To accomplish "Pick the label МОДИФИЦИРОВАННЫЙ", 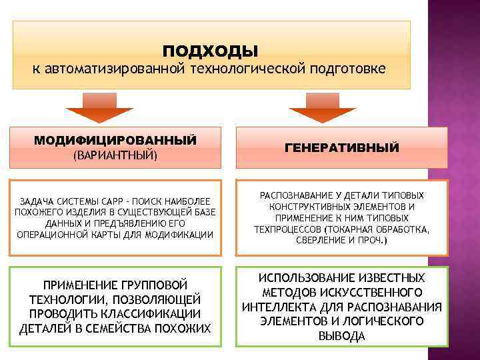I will click(x=115, y=141).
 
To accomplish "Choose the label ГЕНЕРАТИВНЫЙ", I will click(x=342, y=147).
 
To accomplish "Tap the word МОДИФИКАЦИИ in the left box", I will click(x=182, y=235).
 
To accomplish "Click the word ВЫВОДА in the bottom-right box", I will click(x=341, y=337).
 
